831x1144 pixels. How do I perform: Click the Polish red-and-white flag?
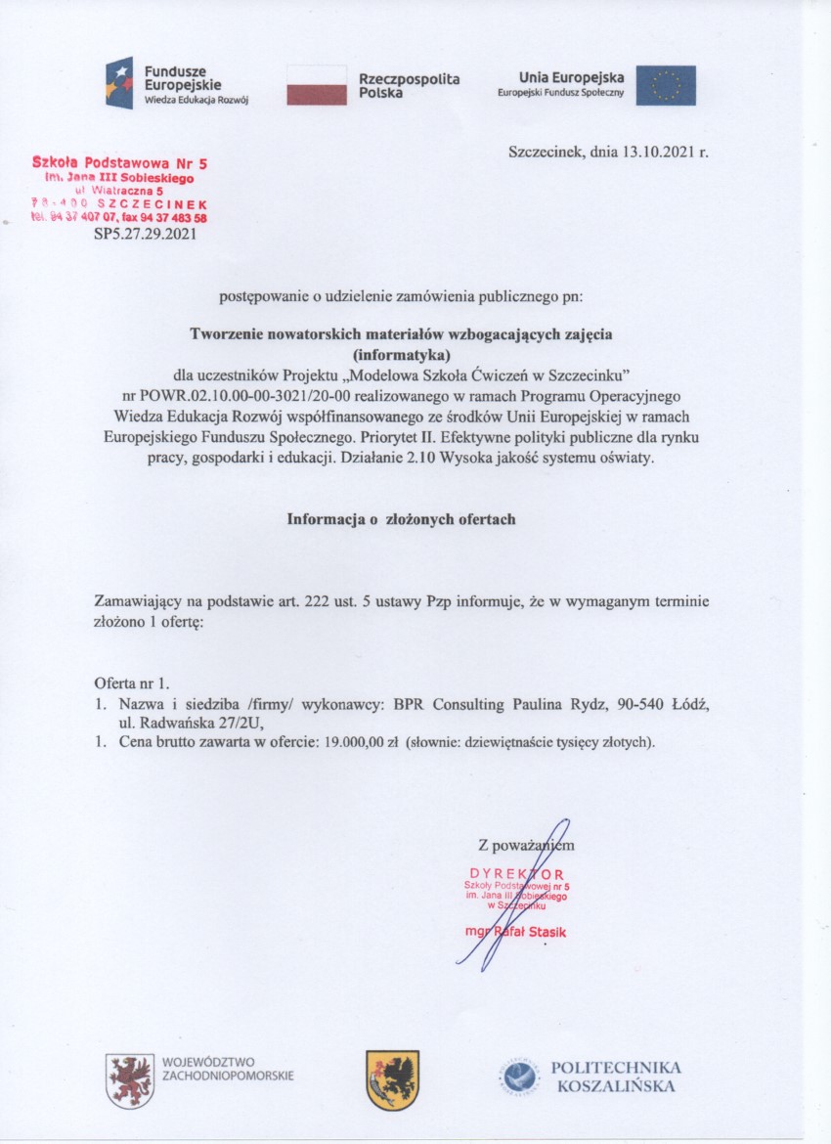[x=317, y=85]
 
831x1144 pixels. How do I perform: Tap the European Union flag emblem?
[x=666, y=85]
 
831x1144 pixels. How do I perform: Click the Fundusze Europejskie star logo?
[x=119, y=83]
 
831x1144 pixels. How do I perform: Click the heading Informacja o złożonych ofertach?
[x=401, y=519]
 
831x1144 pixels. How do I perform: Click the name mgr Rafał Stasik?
[x=516, y=932]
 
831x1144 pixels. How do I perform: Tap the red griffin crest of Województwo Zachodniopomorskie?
[x=130, y=1079]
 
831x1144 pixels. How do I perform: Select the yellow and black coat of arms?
[x=392, y=1079]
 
